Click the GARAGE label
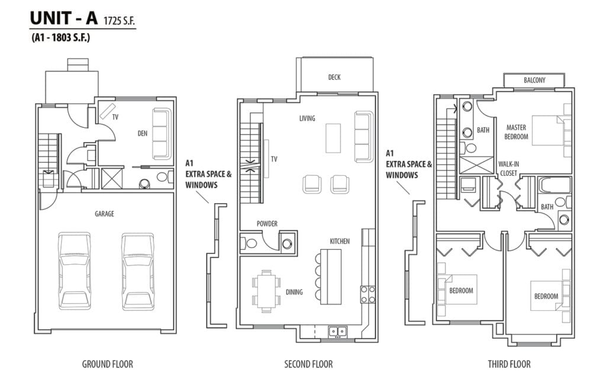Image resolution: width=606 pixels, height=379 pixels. click(x=104, y=213)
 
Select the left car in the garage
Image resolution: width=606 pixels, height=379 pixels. click(x=75, y=271)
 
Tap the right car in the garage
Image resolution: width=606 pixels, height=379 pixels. click(x=138, y=271)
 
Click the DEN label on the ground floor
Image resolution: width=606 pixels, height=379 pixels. click(x=143, y=133)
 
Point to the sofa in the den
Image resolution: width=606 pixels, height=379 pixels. click(x=162, y=134)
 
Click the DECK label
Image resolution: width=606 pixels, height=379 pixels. click(x=334, y=78)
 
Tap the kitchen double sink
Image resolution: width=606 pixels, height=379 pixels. click(x=337, y=332)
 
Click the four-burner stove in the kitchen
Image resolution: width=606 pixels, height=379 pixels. click(x=368, y=294)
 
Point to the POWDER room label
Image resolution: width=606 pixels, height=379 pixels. click(x=267, y=223)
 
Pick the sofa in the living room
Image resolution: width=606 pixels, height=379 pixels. click(x=364, y=137)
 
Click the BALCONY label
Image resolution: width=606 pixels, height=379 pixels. click(x=534, y=81)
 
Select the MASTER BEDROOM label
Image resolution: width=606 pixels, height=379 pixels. click(x=516, y=132)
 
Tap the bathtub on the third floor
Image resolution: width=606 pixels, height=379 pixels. click(x=555, y=185)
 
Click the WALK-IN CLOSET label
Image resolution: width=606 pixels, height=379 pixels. click(x=508, y=169)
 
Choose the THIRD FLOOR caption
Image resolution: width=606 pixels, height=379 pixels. click(x=509, y=364)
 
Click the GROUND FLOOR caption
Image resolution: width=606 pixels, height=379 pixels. click(x=108, y=364)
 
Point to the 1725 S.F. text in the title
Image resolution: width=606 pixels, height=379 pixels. click(x=120, y=21)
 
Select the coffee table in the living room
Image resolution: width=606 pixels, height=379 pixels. click(x=333, y=138)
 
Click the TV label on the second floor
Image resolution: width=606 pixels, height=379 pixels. click(x=274, y=159)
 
